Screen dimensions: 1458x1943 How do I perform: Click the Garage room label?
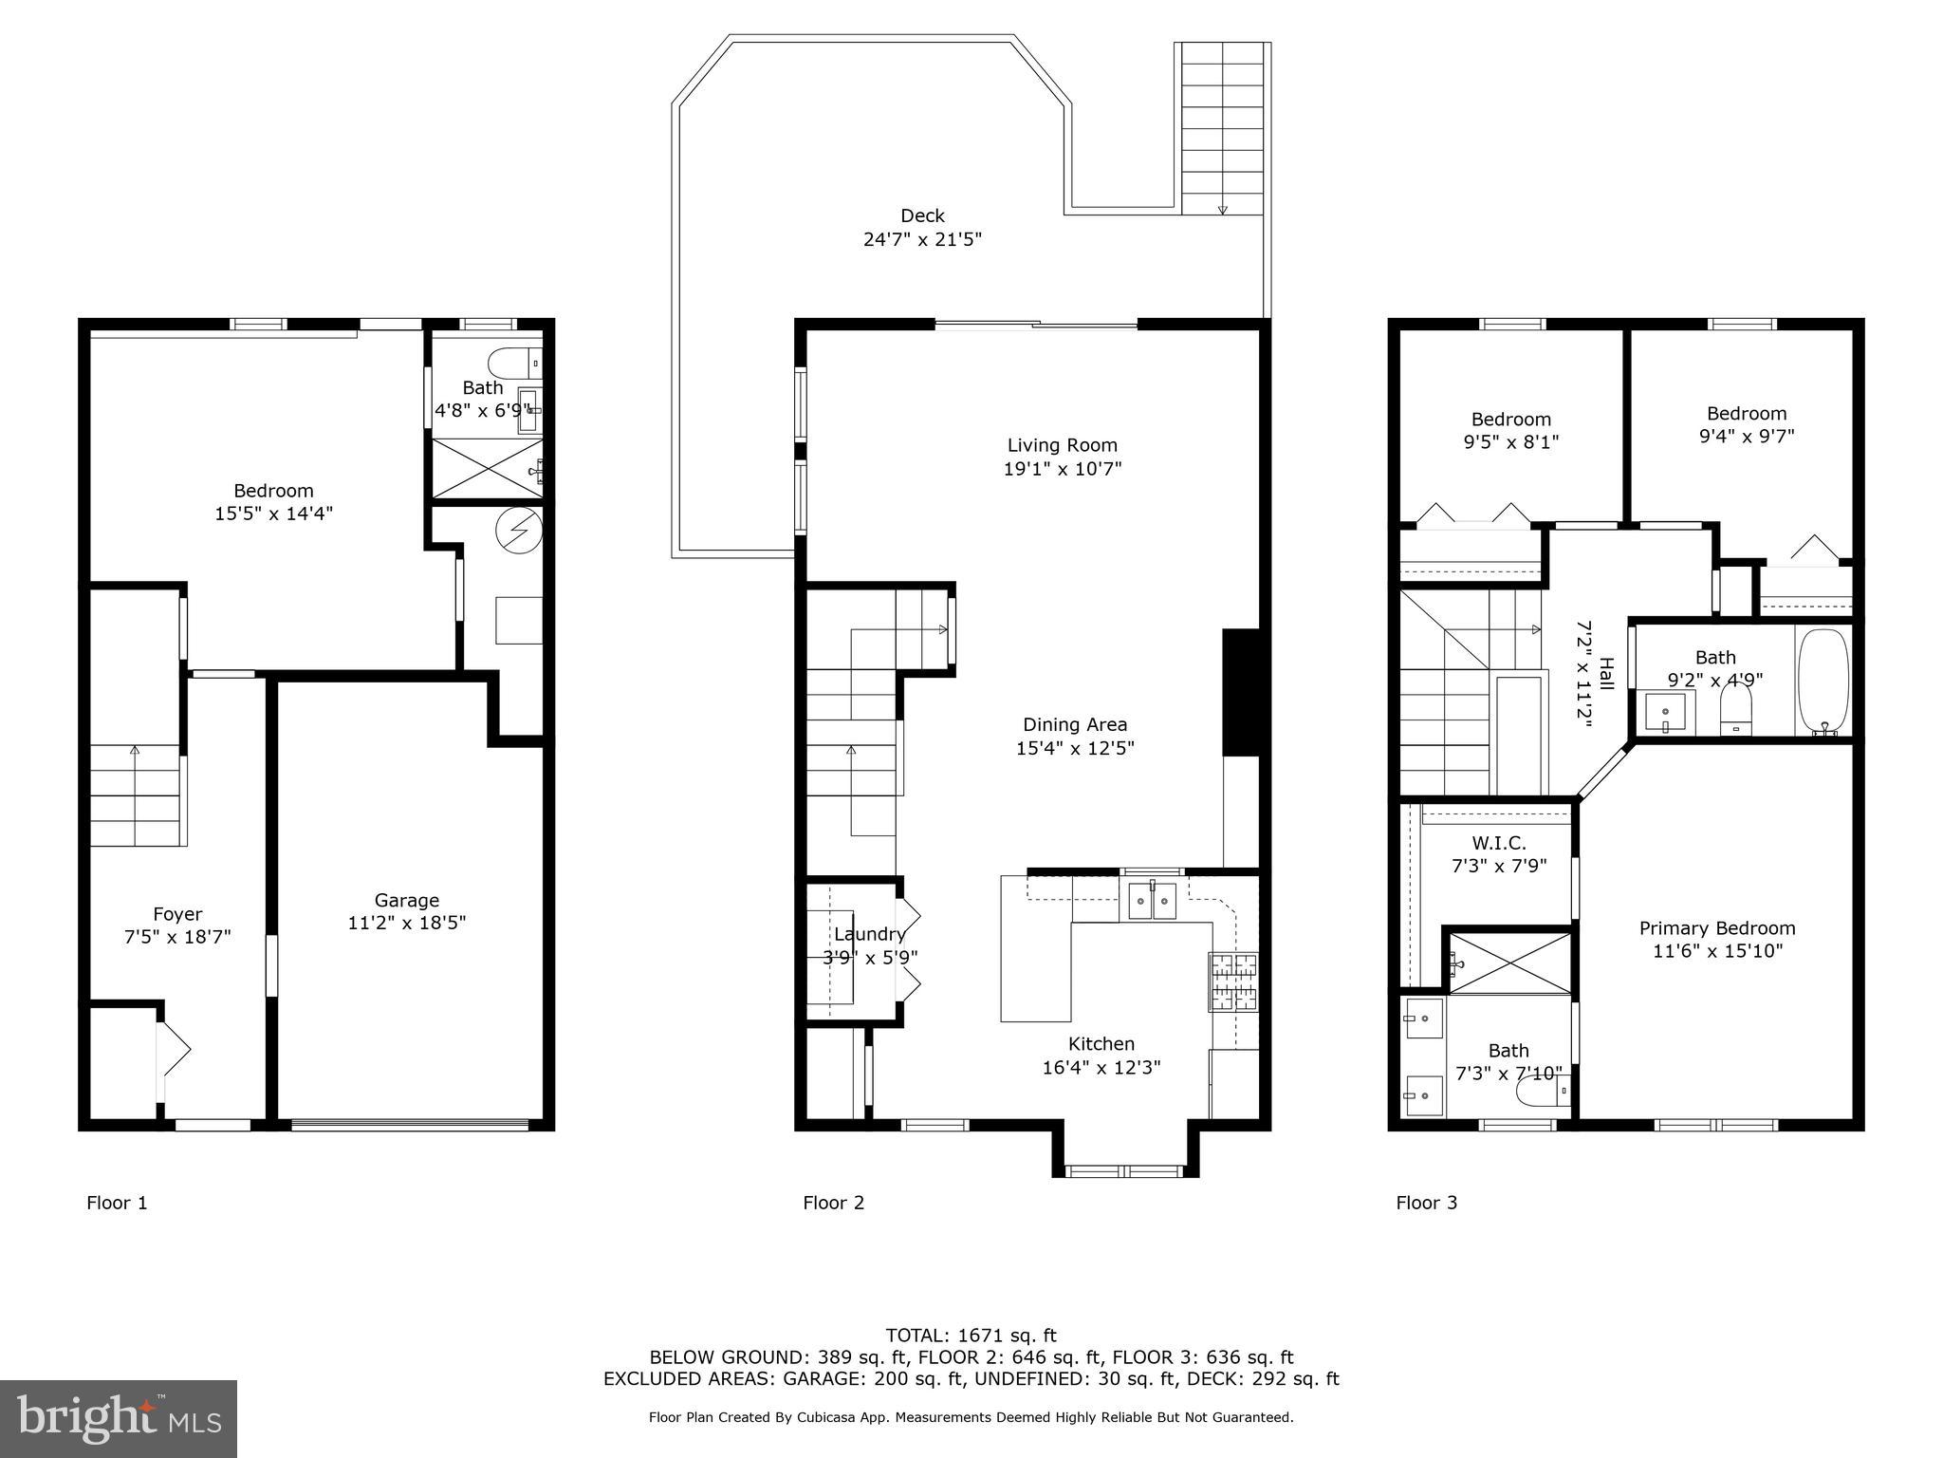click(406, 900)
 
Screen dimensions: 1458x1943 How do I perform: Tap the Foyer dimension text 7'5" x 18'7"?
click(177, 938)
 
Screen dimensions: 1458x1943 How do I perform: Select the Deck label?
click(922, 215)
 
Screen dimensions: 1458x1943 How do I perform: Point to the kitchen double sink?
click(1152, 901)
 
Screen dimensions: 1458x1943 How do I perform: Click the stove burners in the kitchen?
click(1233, 981)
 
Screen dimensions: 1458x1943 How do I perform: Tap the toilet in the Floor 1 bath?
click(513, 364)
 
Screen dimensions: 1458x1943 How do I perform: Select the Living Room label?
click(1062, 445)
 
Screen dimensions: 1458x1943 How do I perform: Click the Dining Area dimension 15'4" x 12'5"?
click(1075, 748)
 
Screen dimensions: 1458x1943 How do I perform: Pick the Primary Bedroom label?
click(1716, 928)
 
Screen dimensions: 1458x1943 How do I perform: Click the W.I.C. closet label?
click(1499, 843)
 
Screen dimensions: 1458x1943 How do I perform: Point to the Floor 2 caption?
click(833, 1203)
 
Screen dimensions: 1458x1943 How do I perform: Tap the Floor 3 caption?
click(1426, 1203)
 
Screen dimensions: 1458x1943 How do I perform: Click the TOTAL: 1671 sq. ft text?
click(971, 1336)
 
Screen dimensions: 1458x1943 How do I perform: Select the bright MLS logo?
click(119, 1418)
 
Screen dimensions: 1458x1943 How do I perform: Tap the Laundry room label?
click(869, 934)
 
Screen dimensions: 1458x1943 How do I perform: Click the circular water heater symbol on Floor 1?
click(519, 530)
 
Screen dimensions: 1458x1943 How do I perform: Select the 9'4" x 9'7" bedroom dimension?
click(1746, 437)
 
